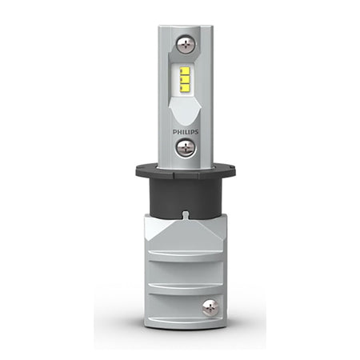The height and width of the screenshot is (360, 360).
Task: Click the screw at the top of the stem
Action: (186, 45)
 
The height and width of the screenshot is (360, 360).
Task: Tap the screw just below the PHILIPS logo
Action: (186, 148)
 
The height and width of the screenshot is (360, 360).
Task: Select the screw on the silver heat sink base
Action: (210, 308)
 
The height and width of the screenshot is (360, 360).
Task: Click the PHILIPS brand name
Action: (186, 132)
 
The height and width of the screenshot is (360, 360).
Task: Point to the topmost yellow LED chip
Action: (185, 71)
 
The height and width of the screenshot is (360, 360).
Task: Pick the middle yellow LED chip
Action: (185, 79)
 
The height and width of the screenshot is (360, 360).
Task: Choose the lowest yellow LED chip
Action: (185, 88)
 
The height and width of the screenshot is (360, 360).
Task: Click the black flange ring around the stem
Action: (186, 171)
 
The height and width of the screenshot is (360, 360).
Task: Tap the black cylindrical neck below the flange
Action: (186, 198)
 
